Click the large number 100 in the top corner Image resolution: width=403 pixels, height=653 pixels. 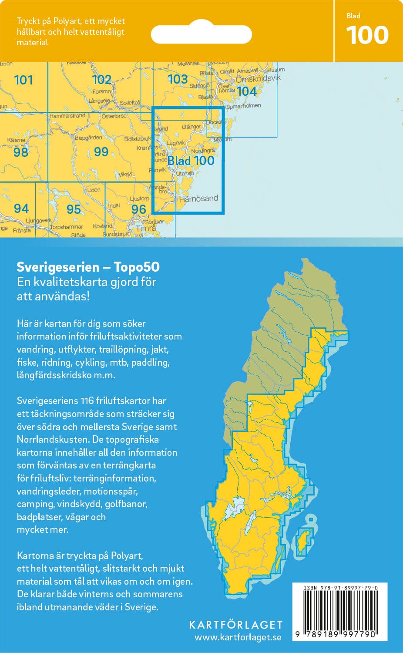pos(367,35)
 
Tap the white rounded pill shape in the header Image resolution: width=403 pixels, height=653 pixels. pos(201,34)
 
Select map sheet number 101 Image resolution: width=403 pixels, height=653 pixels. pos(24,80)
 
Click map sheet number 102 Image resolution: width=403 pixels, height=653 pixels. pos(101,80)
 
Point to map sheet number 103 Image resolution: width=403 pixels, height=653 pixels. pos(178,79)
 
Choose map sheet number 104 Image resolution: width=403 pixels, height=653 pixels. pos(246,91)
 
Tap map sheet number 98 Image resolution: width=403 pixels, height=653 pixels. pos(20,152)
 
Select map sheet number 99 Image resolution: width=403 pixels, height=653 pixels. pos(101,151)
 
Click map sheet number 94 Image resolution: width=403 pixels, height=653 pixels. pos(21,209)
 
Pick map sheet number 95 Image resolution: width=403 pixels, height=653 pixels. pos(74,209)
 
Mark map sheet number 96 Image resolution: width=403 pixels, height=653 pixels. pos(138,209)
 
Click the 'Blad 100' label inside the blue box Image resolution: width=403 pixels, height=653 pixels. pos(191,161)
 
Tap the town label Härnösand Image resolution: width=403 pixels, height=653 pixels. pos(198,199)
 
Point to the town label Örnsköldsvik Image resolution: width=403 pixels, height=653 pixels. pos(258,79)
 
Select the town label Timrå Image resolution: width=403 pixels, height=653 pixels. pos(146,228)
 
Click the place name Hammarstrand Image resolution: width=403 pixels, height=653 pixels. pos(67,116)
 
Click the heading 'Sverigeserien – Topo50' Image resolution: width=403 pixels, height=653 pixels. pos(88,267)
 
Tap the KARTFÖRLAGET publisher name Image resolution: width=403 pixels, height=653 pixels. pos(236,625)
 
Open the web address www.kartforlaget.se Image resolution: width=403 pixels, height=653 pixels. pos(238,637)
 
